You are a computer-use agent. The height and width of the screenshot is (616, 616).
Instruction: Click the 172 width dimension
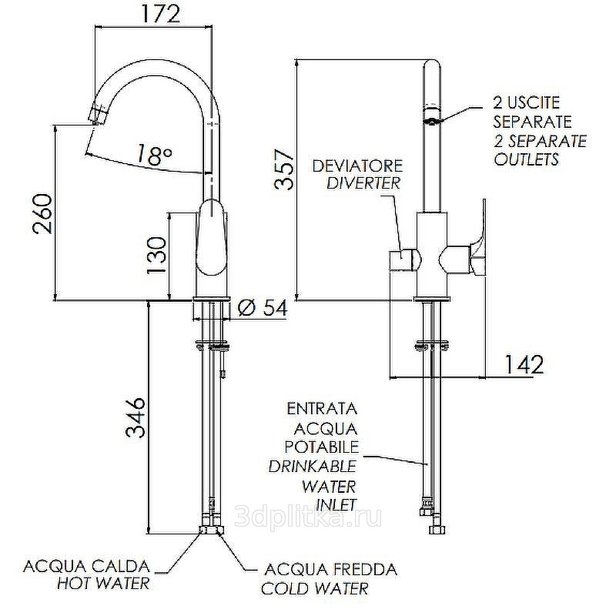click(153, 14)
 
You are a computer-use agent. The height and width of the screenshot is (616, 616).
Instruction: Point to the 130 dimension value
click(157, 255)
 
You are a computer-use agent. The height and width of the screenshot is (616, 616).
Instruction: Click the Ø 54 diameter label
click(263, 309)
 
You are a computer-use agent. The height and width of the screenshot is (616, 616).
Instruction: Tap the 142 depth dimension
click(524, 363)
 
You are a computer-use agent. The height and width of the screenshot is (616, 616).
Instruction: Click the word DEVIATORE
click(357, 166)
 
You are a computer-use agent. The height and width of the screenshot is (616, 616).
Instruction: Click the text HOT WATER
click(103, 584)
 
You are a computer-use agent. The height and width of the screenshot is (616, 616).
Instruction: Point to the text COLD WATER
click(314, 589)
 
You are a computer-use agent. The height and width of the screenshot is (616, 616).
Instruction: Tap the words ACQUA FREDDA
click(330, 571)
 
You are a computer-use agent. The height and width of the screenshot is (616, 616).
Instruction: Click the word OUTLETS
click(526, 160)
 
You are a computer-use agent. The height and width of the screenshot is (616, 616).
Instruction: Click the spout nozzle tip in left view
click(97, 115)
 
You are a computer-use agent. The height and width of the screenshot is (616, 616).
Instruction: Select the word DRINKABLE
click(312, 467)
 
